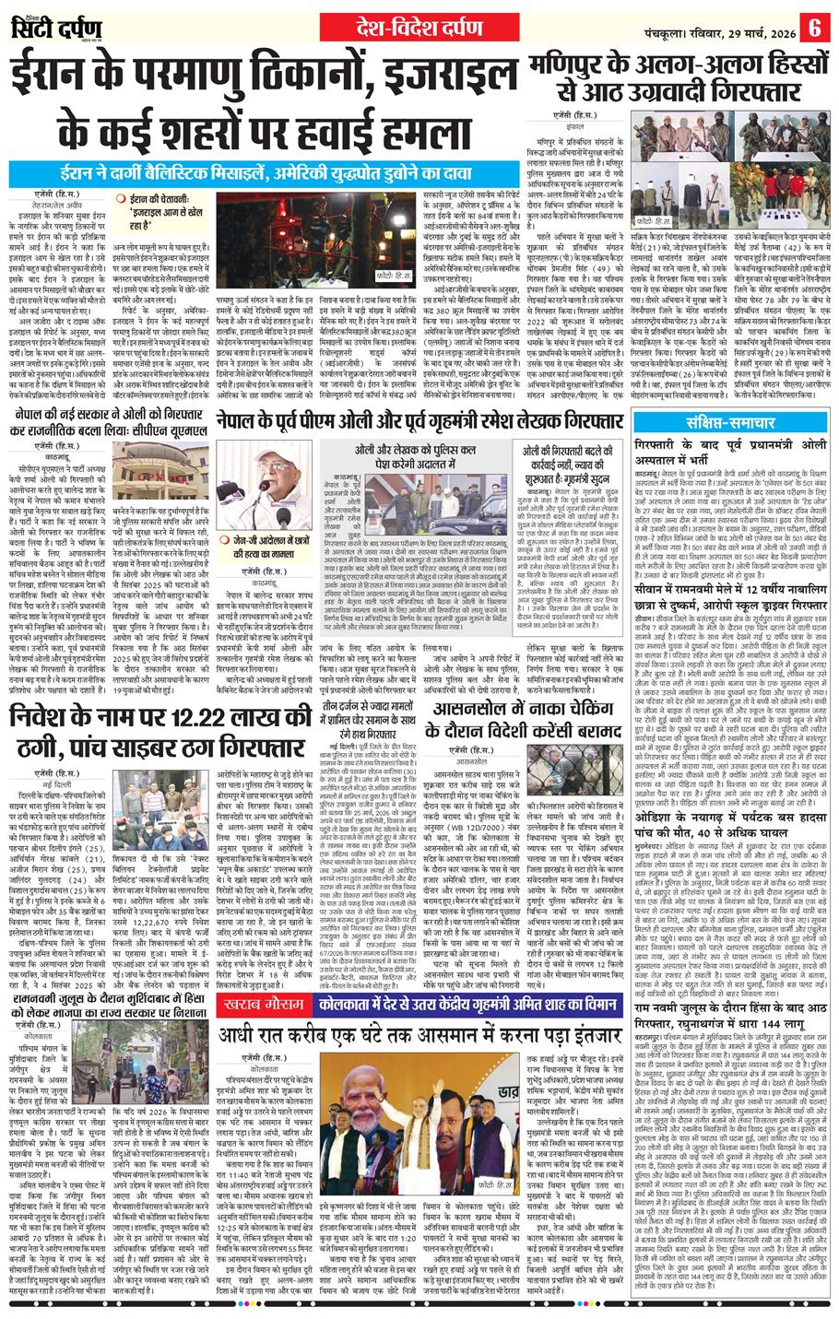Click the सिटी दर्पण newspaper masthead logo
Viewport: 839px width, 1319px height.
pos(54,27)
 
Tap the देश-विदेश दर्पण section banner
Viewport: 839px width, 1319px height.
pos(419,27)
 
